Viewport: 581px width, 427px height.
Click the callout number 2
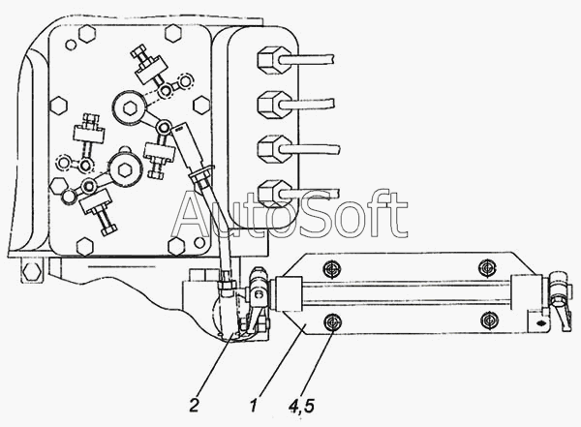pyautogui.click(x=194, y=405)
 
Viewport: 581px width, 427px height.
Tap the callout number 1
pyautogui.click(x=254, y=405)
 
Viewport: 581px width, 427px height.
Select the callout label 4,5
pyautogui.click(x=301, y=407)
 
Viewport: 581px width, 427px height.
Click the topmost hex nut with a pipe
pyautogui.click(x=273, y=59)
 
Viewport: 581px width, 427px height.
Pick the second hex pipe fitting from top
pyautogui.click(x=273, y=105)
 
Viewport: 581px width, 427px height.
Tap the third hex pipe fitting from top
pyautogui.click(x=273, y=149)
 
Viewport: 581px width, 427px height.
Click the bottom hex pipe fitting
pyautogui.click(x=273, y=194)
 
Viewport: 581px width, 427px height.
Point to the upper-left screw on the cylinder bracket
pyautogui.click(x=332, y=269)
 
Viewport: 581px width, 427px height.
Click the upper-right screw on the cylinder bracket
pyautogui.click(x=487, y=268)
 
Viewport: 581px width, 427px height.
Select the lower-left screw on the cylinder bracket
pyautogui.click(x=333, y=321)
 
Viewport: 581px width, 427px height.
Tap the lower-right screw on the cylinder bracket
pyautogui.click(x=489, y=320)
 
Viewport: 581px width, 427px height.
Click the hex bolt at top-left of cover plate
pyautogui.click(x=87, y=34)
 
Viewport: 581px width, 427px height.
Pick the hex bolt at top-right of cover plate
pyautogui.click(x=173, y=33)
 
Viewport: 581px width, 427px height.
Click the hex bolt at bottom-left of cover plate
pyautogui.click(x=85, y=247)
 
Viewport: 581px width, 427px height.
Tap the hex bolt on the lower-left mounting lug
pyautogui.click(x=32, y=272)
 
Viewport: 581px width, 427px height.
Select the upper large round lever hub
pyautogui.click(x=130, y=107)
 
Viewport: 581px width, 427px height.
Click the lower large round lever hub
pyautogui.click(x=125, y=169)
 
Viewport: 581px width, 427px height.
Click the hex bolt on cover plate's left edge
pyautogui.click(x=58, y=106)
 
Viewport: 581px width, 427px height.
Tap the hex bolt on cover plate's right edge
pyautogui.click(x=202, y=105)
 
